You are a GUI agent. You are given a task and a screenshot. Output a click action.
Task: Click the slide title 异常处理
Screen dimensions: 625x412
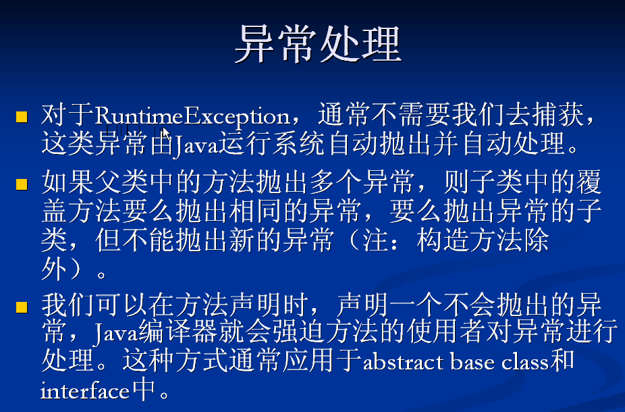point(318,43)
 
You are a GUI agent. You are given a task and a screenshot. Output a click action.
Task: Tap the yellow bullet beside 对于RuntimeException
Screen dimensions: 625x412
point(22,117)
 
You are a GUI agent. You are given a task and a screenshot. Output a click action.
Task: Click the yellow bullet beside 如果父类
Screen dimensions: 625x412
point(22,184)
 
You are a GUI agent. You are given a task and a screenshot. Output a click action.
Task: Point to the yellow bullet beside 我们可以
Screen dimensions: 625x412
point(22,307)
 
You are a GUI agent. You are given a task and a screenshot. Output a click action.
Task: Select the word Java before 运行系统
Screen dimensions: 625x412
point(196,145)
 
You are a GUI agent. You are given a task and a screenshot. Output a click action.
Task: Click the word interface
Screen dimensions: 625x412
point(85,391)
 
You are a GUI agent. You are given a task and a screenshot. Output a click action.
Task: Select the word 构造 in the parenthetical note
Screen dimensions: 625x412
point(443,240)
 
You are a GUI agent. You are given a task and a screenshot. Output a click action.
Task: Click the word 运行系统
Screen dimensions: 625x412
point(271,143)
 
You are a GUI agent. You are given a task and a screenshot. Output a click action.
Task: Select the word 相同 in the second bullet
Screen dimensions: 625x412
point(256,211)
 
